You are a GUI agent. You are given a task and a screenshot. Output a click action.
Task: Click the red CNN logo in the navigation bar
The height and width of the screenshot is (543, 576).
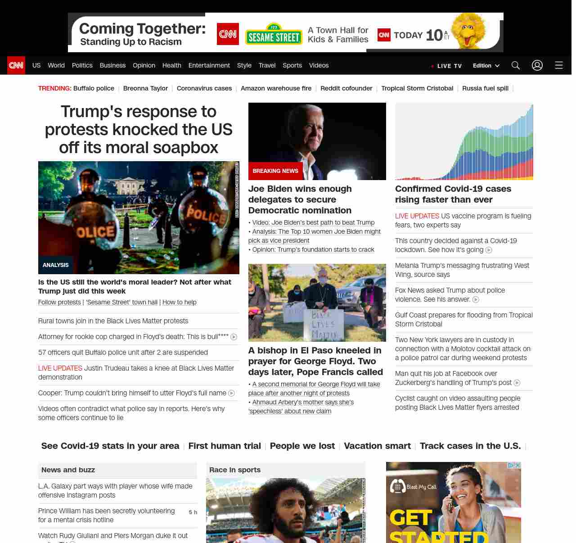16,65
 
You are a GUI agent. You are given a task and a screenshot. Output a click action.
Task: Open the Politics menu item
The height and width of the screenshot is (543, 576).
82,65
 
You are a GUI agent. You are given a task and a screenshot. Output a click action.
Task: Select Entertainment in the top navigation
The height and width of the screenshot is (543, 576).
209,65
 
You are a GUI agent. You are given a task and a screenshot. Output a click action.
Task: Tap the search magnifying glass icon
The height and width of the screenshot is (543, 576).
516,65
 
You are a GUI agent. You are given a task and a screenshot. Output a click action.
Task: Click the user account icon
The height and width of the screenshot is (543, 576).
537,65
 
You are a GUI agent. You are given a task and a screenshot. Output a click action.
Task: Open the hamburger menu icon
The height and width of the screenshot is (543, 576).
559,65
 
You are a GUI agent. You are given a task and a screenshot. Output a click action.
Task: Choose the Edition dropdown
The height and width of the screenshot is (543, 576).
486,65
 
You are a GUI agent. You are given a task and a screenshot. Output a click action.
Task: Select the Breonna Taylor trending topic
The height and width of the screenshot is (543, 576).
145,88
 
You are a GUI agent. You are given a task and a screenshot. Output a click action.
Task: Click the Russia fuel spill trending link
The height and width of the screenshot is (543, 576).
485,88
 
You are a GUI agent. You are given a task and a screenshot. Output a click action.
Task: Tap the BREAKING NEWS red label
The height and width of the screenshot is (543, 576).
275,171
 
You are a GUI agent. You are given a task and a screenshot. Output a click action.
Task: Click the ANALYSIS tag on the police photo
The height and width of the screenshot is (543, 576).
56,265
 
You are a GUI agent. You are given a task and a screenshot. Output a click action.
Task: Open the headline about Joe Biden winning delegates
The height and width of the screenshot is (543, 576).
300,199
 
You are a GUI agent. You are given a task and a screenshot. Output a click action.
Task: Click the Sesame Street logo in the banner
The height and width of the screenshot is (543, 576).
274,35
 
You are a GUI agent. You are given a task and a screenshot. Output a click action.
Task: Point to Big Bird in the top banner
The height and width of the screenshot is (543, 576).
469,31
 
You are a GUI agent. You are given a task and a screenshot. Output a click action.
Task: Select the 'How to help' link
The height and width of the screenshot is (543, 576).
179,302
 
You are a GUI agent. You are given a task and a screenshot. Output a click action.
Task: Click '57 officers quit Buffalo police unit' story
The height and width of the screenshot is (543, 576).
123,353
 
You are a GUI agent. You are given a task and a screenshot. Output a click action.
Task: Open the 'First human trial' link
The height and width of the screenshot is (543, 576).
225,446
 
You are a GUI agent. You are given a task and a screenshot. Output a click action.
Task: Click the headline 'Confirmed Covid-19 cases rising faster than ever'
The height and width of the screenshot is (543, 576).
453,194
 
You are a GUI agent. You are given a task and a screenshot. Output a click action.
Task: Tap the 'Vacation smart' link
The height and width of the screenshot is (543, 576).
377,446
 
